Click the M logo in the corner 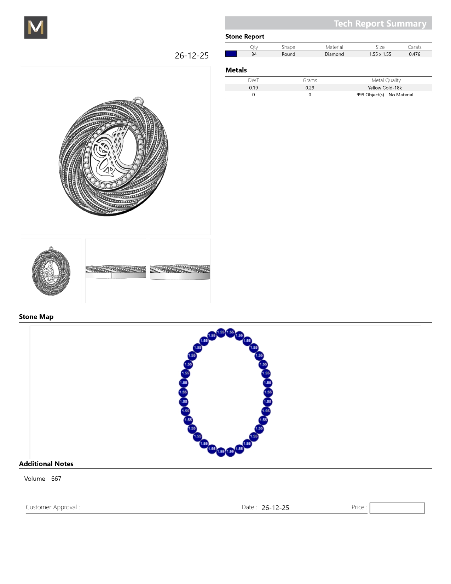pyautogui.click(x=36, y=27)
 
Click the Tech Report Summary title pyautogui.click(x=380, y=23)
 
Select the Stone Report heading pyautogui.click(x=245, y=36)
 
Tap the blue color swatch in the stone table pyautogui.click(x=231, y=54)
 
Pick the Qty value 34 pyautogui.click(x=254, y=54)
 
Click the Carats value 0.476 pyautogui.click(x=414, y=54)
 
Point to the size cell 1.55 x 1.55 pyautogui.click(x=380, y=54)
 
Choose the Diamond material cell pyautogui.click(x=334, y=54)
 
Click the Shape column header pyautogui.click(x=288, y=47)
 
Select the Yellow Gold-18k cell pyautogui.click(x=384, y=88)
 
